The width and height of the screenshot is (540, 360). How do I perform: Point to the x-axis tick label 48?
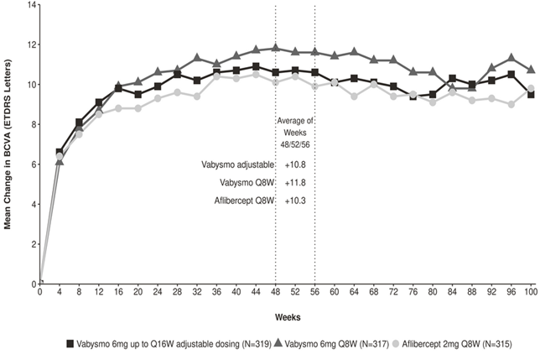click(275, 292)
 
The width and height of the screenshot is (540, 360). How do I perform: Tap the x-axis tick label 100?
click(531, 292)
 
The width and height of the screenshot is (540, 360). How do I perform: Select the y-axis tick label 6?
click(34, 164)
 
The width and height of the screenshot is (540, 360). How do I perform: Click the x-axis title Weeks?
click(288, 317)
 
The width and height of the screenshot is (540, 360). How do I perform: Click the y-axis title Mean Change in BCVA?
click(8, 144)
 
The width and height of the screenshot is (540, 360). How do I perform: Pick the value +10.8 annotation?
click(295, 164)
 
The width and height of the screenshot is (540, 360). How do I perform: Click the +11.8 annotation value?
click(295, 183)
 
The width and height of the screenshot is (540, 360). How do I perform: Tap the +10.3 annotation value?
click(295, 201)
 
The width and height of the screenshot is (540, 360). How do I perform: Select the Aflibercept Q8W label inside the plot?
click(244, 201)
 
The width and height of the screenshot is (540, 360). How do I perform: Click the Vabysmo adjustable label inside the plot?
click(237, 164)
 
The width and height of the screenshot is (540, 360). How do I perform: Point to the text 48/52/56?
click(295, 144)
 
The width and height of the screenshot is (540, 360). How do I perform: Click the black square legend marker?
click(70, 343)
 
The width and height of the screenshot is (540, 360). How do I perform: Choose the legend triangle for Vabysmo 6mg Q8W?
click(278, 342)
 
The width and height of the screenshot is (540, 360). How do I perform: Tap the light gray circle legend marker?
click(396, 343)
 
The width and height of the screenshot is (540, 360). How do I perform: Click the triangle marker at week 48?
click(275, 48)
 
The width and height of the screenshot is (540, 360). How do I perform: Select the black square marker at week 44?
click(256, 66)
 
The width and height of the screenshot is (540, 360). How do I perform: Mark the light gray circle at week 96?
click(511, 104)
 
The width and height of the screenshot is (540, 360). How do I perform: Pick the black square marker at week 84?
click(452, 79)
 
